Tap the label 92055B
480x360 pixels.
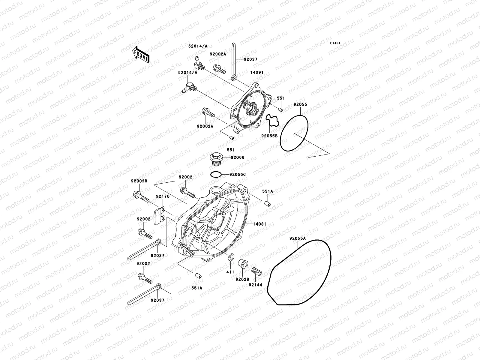click(x=269, y=136)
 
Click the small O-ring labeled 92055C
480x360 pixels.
click(x=216, y=174)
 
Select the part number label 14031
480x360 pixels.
click(x=259, y=224)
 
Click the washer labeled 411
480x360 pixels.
click(x=231, y=258)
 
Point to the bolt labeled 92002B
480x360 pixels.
click(x=141, y=197)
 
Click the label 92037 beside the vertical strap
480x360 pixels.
click(x=250, y=59)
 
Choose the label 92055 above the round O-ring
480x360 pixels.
click(x=300, y=104)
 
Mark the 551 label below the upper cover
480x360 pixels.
click(x=230, y=150)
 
